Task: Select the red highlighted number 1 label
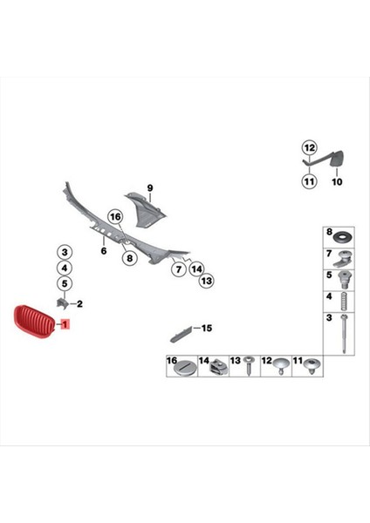click(63, 323)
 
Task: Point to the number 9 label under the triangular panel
click(149, 188)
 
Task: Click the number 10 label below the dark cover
click(337, 182)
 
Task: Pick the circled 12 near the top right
click(308, 147)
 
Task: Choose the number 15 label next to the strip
click(207, 328)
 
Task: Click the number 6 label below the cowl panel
click(103, 250)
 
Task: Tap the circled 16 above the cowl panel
click(114, 216)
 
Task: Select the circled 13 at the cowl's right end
click(206, 282)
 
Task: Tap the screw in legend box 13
click(250, 369)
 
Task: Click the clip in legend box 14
click(216, 369)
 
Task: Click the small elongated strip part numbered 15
click(180, 333)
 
